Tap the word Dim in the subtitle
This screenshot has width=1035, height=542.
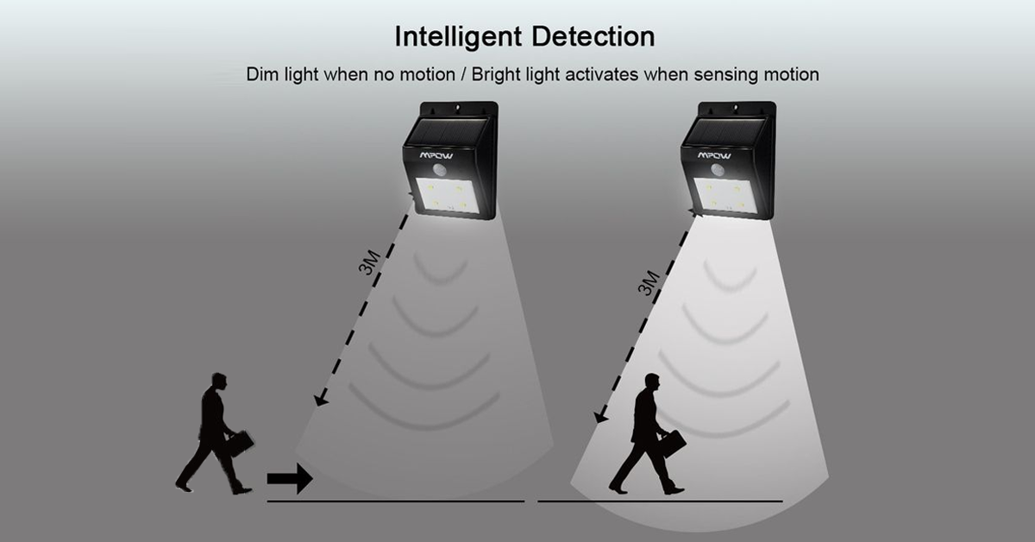(x=265, y=74)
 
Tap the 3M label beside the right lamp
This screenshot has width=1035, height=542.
(x=648, y=282)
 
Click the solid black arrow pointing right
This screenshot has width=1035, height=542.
(x=290, y=477)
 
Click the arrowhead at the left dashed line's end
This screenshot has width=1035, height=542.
(x=321, y=399)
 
